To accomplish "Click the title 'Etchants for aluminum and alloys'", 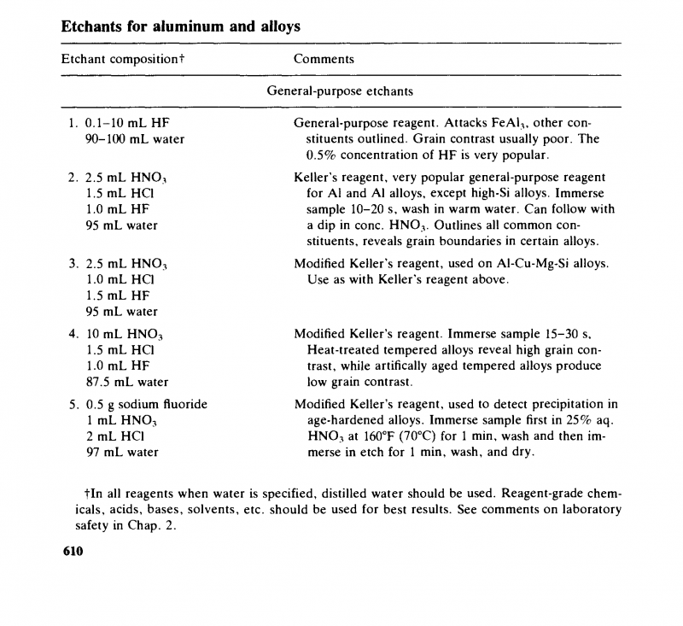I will pos(181,26).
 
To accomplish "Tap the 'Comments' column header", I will pos(324,59).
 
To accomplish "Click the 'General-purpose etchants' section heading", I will pos(340,90).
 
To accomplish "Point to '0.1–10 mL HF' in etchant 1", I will pos(128,123).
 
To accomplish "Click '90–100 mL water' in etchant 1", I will pos(135,139).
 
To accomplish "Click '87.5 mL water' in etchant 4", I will pos(127,382).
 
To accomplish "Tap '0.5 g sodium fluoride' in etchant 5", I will pos(146,404).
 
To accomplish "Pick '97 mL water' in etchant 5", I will pos(122,452).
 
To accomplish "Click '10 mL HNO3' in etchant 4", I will pos(126,333).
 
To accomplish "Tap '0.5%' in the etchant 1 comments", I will pos(322,155).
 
